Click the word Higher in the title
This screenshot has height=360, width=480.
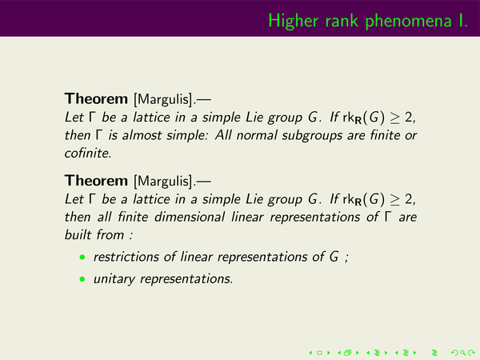coord(294,22)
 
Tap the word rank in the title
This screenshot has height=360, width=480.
coord(342,21)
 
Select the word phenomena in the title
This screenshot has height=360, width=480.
coord(408,22)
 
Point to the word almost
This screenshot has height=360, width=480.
coord(142,135)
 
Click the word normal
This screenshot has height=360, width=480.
coord(257,135)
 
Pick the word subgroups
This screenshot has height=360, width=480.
coord(312,136)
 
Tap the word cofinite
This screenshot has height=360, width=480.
coord(88,153)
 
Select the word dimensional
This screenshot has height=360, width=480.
coord(190,217)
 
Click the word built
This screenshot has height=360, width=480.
coord(78,234)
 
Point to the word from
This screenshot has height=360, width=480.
coord(110,234)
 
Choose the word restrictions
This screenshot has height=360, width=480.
coord(126,257)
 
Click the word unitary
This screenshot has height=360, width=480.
coord(114,279)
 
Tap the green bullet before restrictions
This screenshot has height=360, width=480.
coord(82,257)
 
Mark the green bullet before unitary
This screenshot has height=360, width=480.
coord(82,279)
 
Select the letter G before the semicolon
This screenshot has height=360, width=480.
coord(334,257)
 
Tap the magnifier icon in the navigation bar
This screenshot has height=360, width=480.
coord(463,353)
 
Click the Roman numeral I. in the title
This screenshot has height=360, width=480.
coord(463,21)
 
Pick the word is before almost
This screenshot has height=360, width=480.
coord(113,135)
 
